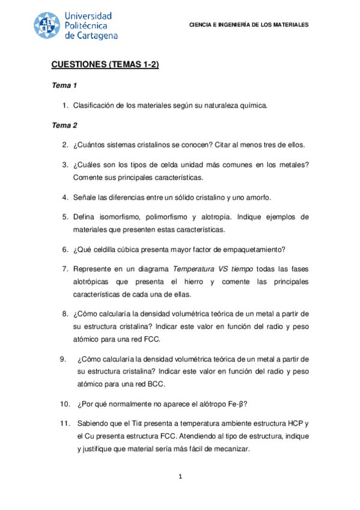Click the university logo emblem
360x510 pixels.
pos(47,25)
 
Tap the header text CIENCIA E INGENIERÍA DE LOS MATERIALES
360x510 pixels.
pos(249,25)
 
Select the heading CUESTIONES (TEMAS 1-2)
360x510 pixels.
pos(105,65)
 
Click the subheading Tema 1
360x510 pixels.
pos(64,86)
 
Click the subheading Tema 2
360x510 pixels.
pos(64,126)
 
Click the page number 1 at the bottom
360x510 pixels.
pos(180,478)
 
